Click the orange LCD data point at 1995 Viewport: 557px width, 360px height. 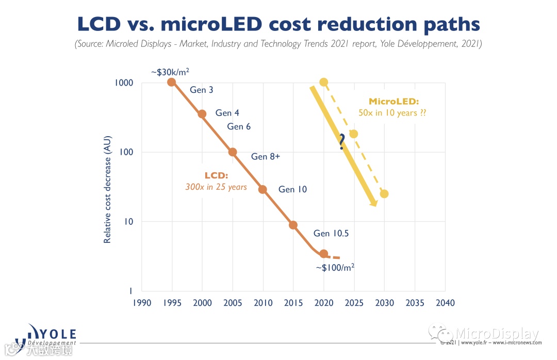pyautogui.click(x=172, y=82)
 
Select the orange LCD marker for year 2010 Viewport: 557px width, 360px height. pyautogui.click(x=263, y=189)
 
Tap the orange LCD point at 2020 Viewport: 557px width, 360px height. pyautogui.click(x=323, y=253)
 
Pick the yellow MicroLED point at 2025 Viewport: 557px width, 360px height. pyautogui.click(x=353, y=134)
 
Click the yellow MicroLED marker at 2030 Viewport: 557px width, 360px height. pyautogui.click(x=384, y=194)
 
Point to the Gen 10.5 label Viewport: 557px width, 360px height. pyautogui.click(x=331, y=234)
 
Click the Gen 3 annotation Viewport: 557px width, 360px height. pyautogui.click(x=202, y=90)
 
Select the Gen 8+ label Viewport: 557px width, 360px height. pyautogui.click(x=266, y=157)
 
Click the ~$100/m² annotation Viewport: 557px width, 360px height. pyautogui.click(x=335, y=267)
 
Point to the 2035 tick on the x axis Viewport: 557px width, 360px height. pyautogui.click(x=415, y=303)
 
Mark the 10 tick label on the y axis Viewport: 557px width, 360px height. pyautogui.click(x=128, y=222)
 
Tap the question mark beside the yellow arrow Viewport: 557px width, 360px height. pyautogui.click(x=341, y=142)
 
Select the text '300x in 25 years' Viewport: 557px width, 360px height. pyautogui.click(x=216, y=187)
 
